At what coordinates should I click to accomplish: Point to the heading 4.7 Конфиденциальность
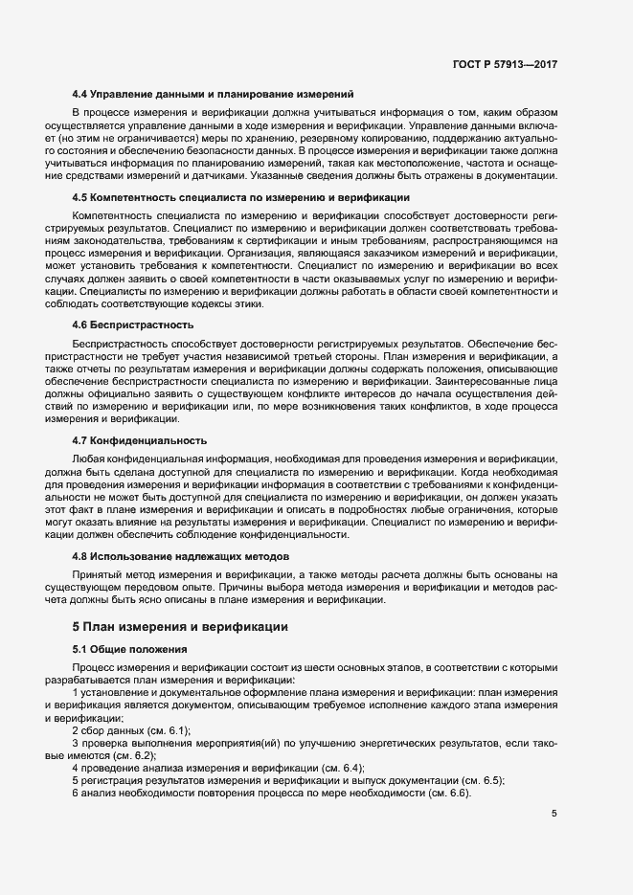pos(140,441)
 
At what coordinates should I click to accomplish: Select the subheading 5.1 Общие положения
pos(129,650)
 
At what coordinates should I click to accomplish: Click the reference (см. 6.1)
pos(168,731)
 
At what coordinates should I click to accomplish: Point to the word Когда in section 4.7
pos(468,472)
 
